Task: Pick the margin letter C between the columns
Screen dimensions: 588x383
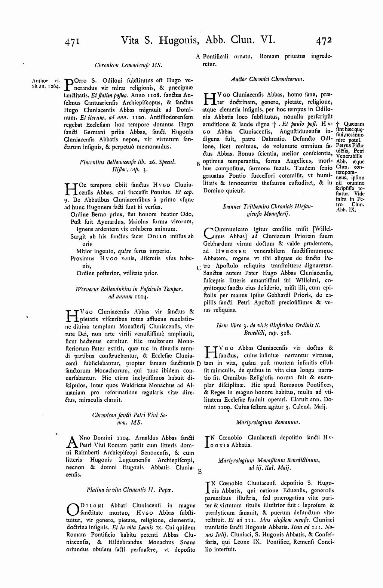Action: click(x=198, y=268)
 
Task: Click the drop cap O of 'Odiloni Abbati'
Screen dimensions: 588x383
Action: click(x=71, y=510)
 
